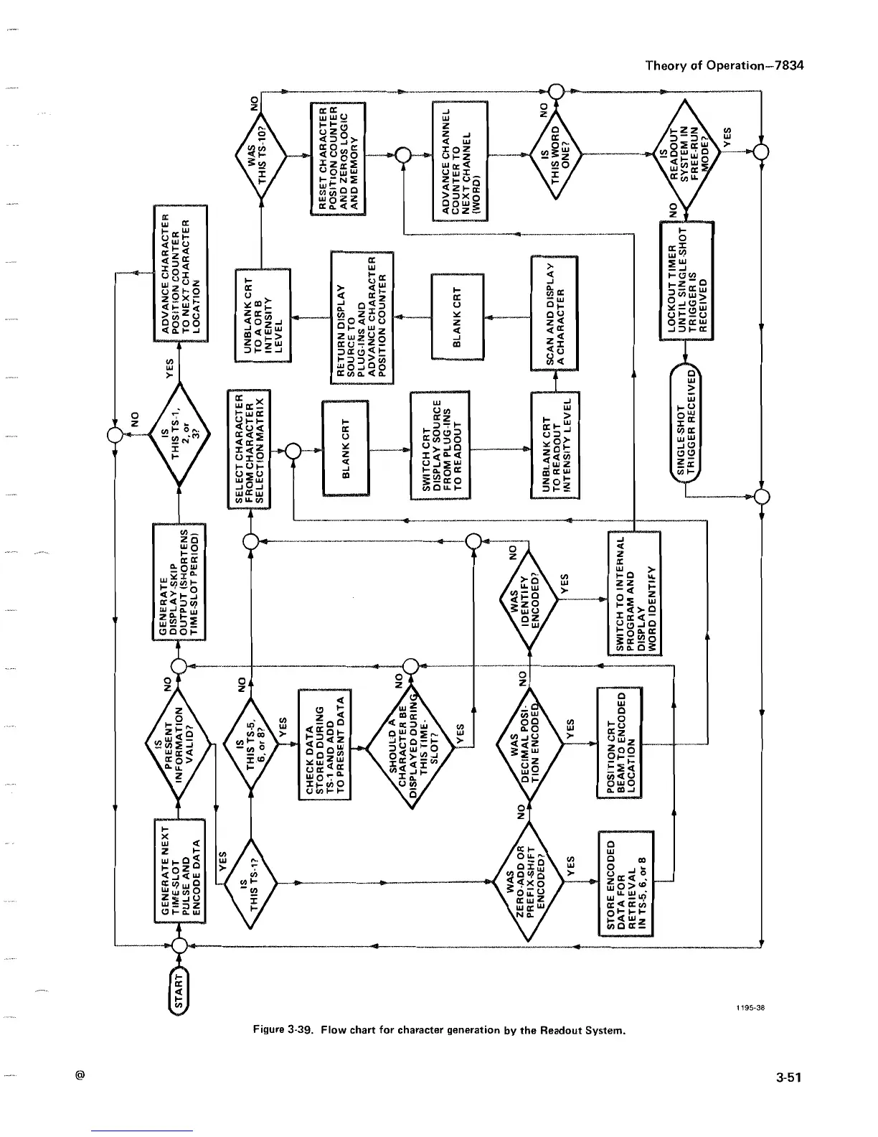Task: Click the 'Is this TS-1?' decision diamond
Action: [x=251, y=883]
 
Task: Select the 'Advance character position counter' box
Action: [x=180, y=272]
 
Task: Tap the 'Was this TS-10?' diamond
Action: [x=260, y=154]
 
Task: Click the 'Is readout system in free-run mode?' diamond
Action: [x=685, y=153]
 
